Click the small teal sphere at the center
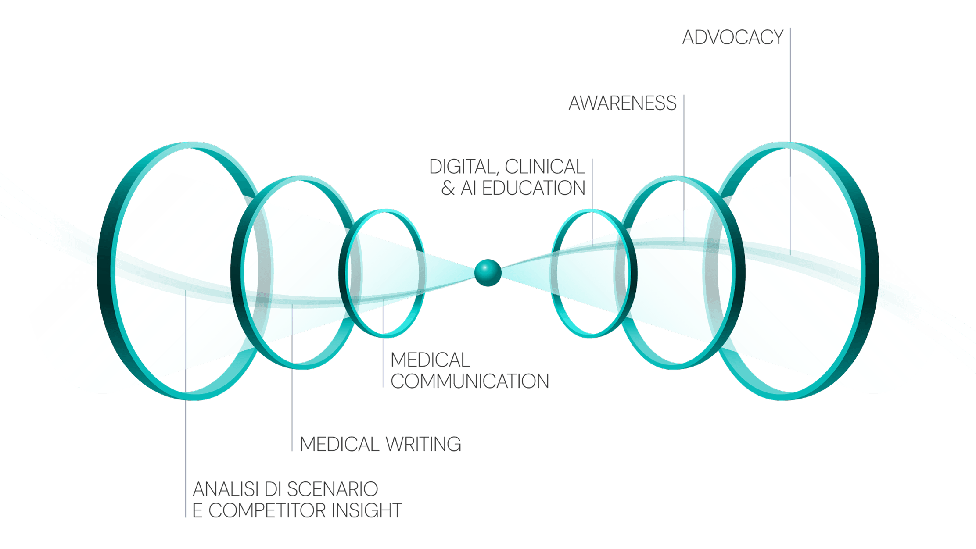click(x=488, y=272)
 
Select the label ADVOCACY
click(x=732, y=38)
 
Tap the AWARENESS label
click(x=622, y=103)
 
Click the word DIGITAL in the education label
click(x=463, y=167)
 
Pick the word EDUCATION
click(x=534, y=189)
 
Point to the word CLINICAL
click(x=545, y=167)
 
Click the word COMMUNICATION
click(x=470, y=381)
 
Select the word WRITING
click(x=423, y=444)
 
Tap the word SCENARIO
click(x=332, y=489)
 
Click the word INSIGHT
click(x=367, y=511)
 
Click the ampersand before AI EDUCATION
click(x=448, y=189)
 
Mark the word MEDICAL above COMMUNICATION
click(x=430, y=360)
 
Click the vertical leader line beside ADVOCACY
click(x=790, y=88)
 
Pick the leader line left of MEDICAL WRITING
click(x=292, y=395)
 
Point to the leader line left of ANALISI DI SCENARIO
click(x=186, y=438)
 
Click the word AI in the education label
click(x=469, y=189)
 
